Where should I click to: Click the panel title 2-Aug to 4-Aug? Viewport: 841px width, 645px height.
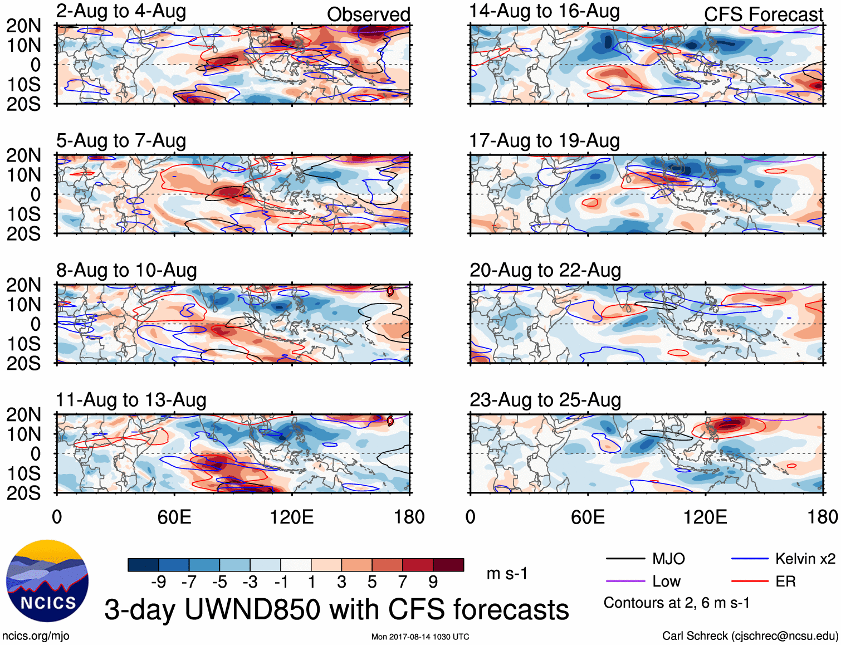[x=121, y=12]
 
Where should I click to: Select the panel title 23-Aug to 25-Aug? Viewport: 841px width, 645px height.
[x=545, y=400]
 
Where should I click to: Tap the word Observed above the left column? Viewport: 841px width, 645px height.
[x=368, y=14]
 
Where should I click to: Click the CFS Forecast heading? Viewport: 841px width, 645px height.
[x=763, y=14]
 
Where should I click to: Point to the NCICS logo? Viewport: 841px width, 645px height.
[x=47, y=581]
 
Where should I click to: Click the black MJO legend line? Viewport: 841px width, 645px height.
[x=625, y=559]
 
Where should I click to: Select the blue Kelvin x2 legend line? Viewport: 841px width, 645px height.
[x=750, y=559]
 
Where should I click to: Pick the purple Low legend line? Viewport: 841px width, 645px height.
[x=625, y=582]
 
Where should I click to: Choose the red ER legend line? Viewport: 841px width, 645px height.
[x=750, y=582]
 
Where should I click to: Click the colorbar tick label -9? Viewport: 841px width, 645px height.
[x=158, y=582]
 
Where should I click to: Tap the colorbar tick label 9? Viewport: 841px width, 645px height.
[x=433, y=582]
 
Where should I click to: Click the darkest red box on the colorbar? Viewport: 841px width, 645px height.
[x=448, y=565]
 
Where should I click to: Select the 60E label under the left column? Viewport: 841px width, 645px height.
[x=174, y=517]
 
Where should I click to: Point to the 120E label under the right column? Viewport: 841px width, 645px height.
[x=705, y=517]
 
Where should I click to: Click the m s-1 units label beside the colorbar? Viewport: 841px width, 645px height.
[x=507, y=573]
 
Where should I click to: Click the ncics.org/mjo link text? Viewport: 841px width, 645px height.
[x=36, y=636]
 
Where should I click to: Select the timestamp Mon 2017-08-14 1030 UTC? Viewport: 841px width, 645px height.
[x=420, y=637]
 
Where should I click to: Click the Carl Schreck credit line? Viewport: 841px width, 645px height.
[x=750, y=636]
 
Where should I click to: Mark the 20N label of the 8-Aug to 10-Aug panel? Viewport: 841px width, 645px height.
[x=23, y=285]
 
